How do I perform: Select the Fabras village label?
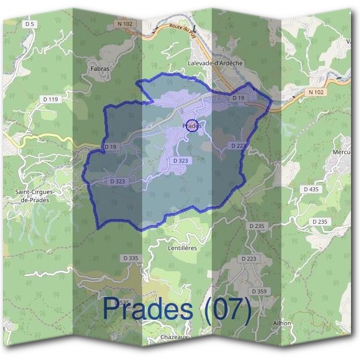coord(100,69)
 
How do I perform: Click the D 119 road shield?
coord(50,99)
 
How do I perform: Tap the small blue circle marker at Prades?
coord(191,125)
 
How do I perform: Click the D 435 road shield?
coord(311,189)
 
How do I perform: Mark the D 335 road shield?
coord(130,258)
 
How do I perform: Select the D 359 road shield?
coord(259,291)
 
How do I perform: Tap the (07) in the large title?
coord(227,308)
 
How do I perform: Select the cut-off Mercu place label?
coord(342,152)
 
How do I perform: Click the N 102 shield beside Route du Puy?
coord(124,23)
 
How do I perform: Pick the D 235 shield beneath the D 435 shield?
coord(320,222)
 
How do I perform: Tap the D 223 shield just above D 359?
coord(248,259)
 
